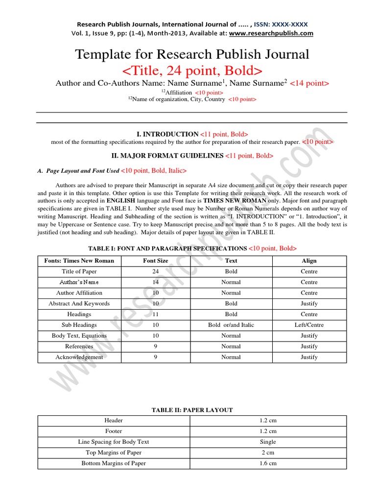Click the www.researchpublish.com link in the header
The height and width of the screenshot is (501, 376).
click(271, 33)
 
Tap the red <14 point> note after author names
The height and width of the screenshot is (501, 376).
click(309, 84)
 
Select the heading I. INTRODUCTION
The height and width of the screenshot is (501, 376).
click(167, 134)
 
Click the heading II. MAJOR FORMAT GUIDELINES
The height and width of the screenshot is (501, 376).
click(168, 156)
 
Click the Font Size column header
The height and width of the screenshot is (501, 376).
click(156, 261)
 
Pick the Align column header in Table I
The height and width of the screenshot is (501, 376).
click(309, 261)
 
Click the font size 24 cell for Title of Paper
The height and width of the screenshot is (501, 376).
click(156, 272)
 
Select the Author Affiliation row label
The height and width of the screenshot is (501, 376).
click(79, 293)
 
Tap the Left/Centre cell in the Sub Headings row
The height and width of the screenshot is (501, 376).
click(309, 325)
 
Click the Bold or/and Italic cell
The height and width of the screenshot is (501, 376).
click(231, 325)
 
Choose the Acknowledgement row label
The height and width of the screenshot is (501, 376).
click(79, 357)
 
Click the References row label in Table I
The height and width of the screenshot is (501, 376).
click(79, 346)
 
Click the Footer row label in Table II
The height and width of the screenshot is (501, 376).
click(114, 431)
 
